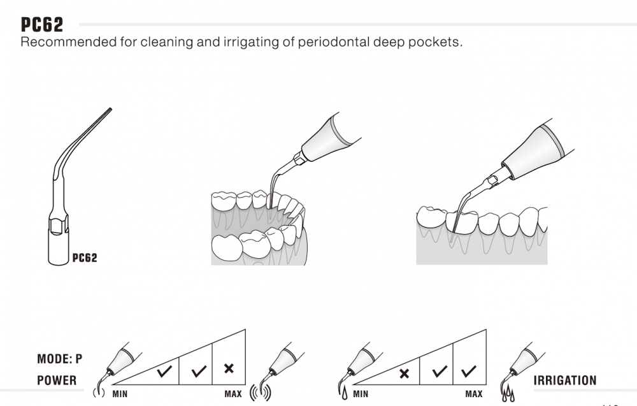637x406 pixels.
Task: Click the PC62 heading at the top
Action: pos(42,24)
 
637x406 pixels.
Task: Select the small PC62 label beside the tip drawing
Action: pos(85,258)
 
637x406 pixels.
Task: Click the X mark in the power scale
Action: pos(229,369)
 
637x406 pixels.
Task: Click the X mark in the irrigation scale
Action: pos(404,373)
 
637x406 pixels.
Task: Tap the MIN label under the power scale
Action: pos(120,394)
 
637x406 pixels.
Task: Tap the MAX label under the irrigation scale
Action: pos(473,394)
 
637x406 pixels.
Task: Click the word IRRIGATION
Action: pos(565,381)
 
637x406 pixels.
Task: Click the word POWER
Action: pos(57,381)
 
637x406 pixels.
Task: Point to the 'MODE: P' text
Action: pos(60,359)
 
